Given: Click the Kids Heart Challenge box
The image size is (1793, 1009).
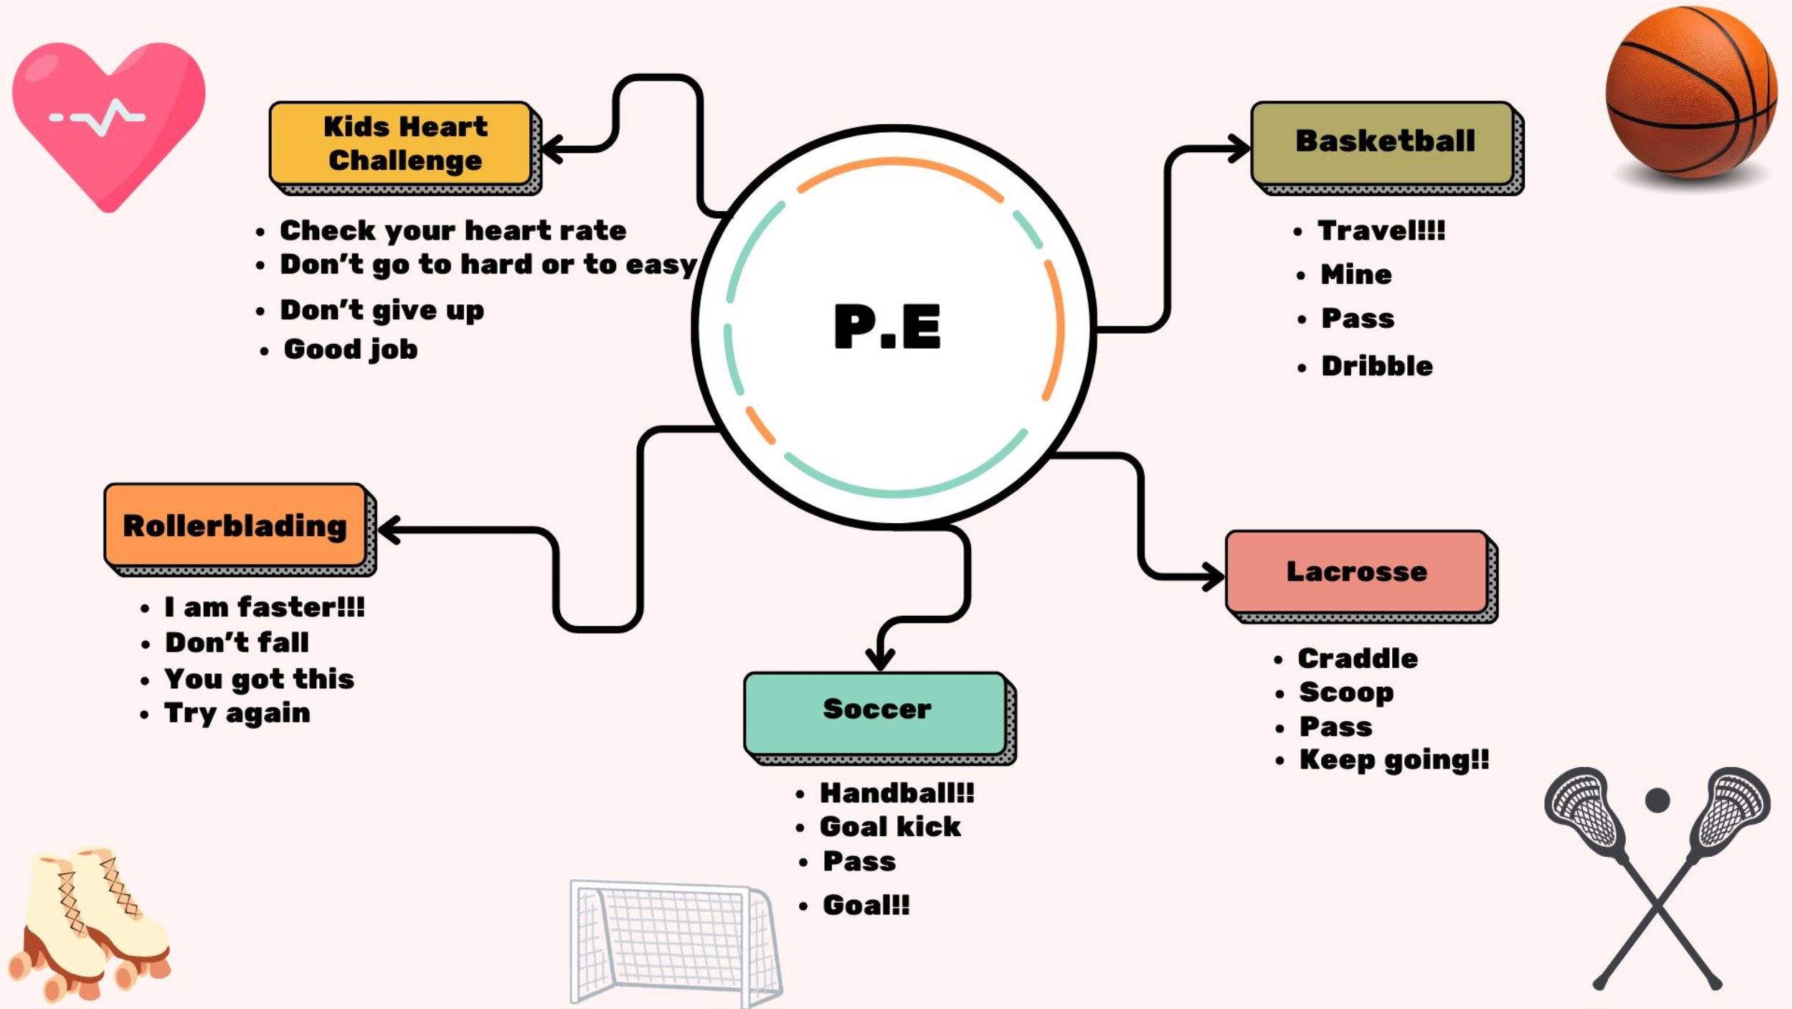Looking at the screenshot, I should pyautogui.click(x=402, y=144).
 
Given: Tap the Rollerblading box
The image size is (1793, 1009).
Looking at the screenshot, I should pyautogui.click(x=235, y=525).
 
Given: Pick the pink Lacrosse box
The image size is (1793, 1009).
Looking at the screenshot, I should pyautogui.click(x=1356, y=572).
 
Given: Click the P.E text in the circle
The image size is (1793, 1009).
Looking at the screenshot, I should pyautogui.click(x=887, y=327).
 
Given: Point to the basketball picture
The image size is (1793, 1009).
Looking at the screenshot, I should pyautogui.click(x=1690, y=93).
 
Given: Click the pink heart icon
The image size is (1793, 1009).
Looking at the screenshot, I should pyautogui.click(x=108, y=118).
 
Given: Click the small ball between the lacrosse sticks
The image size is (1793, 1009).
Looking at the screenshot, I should pyautogui.click(x=1657, y=799).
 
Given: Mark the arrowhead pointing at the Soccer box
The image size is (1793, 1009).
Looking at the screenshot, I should pyautogui.click(x=880, y=657).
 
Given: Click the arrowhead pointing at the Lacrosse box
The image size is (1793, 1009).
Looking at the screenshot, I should pyautogui.click(x=1214, y=576).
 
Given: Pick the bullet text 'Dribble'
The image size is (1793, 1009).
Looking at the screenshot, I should pyautogui.click(x=1376, y=367).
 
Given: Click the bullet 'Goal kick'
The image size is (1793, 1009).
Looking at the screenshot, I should pyautogui.click(x=890, y=827).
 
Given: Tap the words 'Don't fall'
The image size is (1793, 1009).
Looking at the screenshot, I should pyautogui.click(x=237, y=642).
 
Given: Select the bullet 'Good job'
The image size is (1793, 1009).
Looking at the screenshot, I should pyautogui.click(x=350, y=349).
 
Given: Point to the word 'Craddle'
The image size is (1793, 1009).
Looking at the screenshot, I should pyautogui.click(x=1357, y=659).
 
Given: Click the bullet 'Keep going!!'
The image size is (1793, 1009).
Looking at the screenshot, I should pyautogui.click(x=1394, y=760).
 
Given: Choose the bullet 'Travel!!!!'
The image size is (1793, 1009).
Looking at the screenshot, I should pyautogui.click(x=1381, y=231).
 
